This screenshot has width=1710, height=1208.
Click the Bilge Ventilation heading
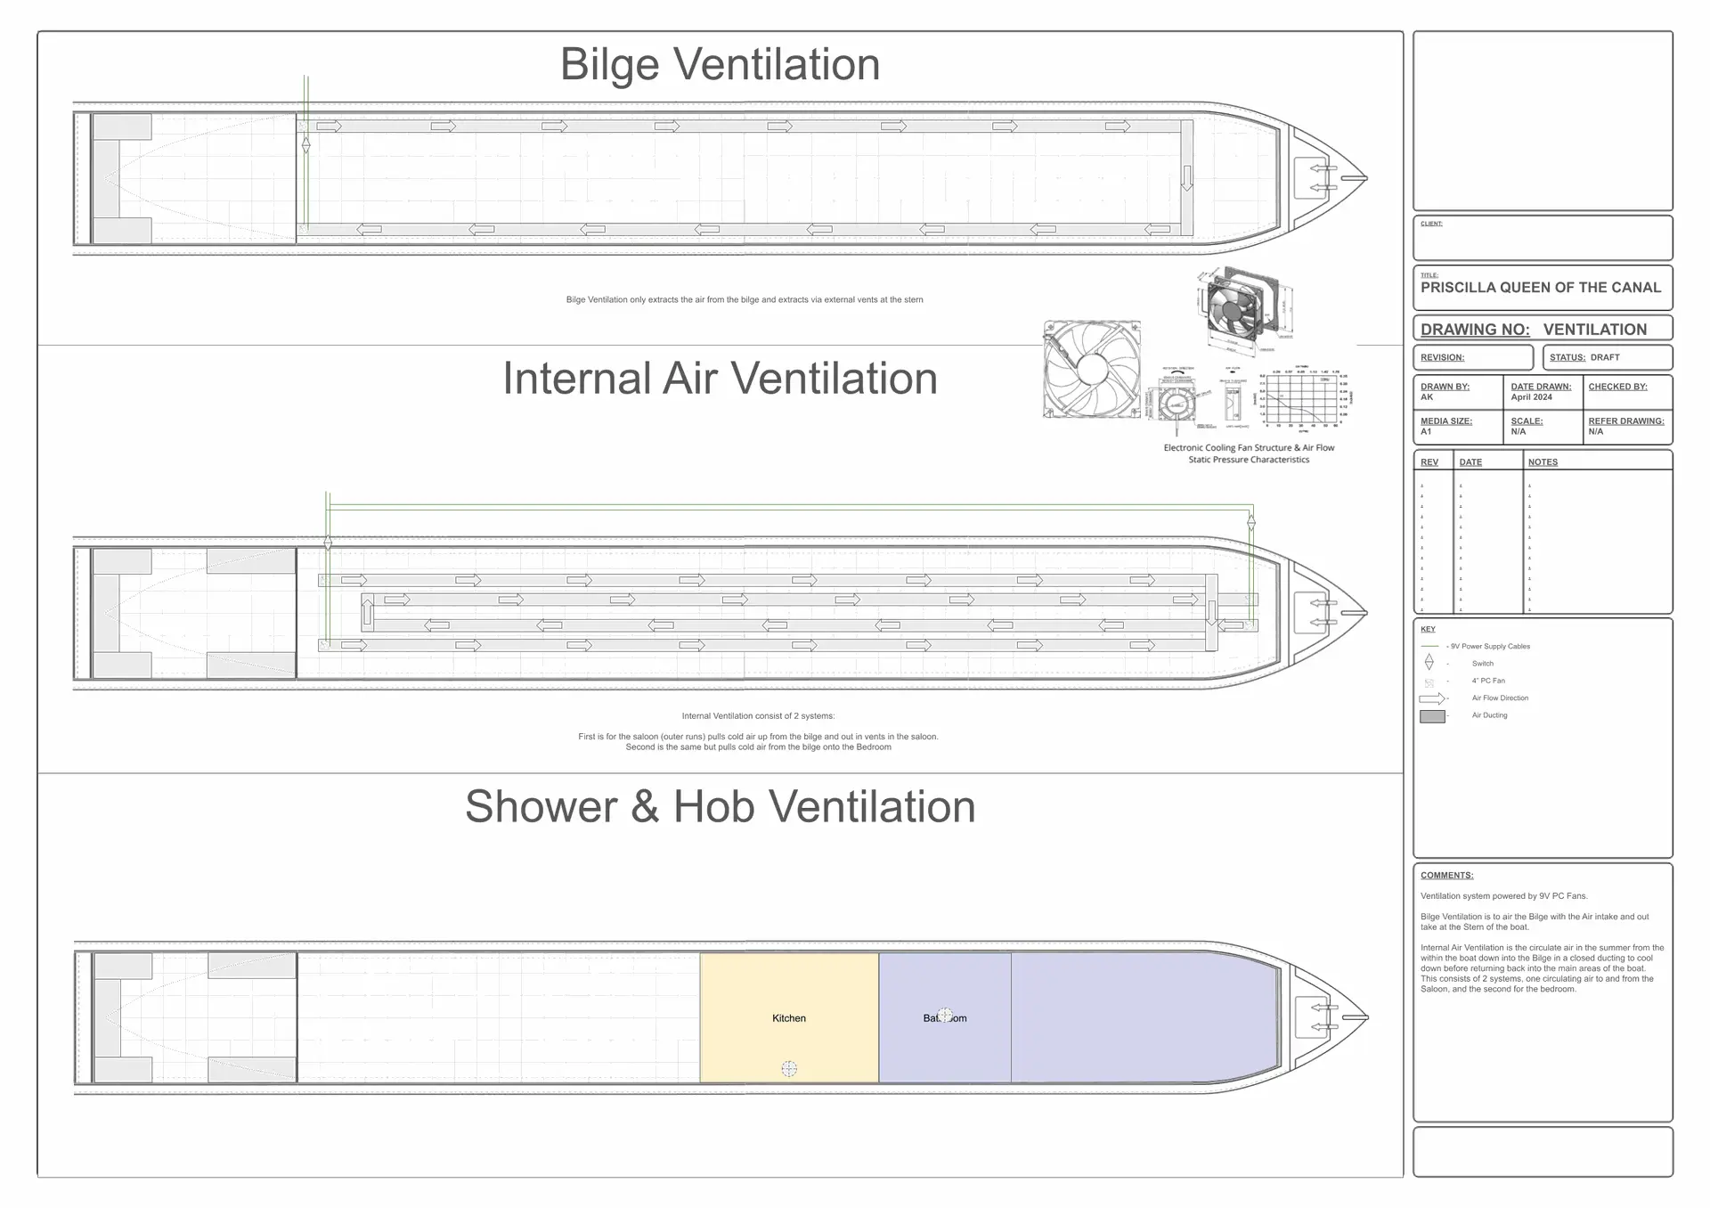(x=720, y=64)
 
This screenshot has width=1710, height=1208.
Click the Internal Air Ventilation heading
(x=720, y=379)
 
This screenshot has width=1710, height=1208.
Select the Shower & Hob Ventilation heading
(x=720, y=806)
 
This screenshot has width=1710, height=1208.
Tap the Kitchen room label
(x=788, y=1018)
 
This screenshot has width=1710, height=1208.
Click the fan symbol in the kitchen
(x=789, y=1068)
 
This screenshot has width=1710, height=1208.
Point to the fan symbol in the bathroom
(x=945, y=1015)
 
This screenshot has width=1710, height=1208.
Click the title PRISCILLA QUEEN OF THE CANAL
(x=1540, y=288)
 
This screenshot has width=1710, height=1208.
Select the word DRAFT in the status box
(x=1605, y=357)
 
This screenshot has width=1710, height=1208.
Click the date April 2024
(x=1531, y=397)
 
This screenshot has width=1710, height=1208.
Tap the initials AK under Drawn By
(x=1427, y=397)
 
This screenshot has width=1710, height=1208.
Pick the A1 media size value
(x=1426, y=432)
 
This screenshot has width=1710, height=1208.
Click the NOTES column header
(x=1543, y=462)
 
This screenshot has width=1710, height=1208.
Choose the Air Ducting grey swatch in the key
(x=1432, y=716)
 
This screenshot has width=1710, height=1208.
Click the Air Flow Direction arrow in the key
(x=1431, y=698)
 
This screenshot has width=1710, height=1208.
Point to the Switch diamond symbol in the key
(x=1429, y=662)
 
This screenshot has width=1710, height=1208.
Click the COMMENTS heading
(x=1446, y=876)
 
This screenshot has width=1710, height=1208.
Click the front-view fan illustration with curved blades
(x=1092, y=370)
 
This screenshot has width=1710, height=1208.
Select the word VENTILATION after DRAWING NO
(x=1594, y=330)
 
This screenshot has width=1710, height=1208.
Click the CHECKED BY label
(x=1617, y=387)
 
